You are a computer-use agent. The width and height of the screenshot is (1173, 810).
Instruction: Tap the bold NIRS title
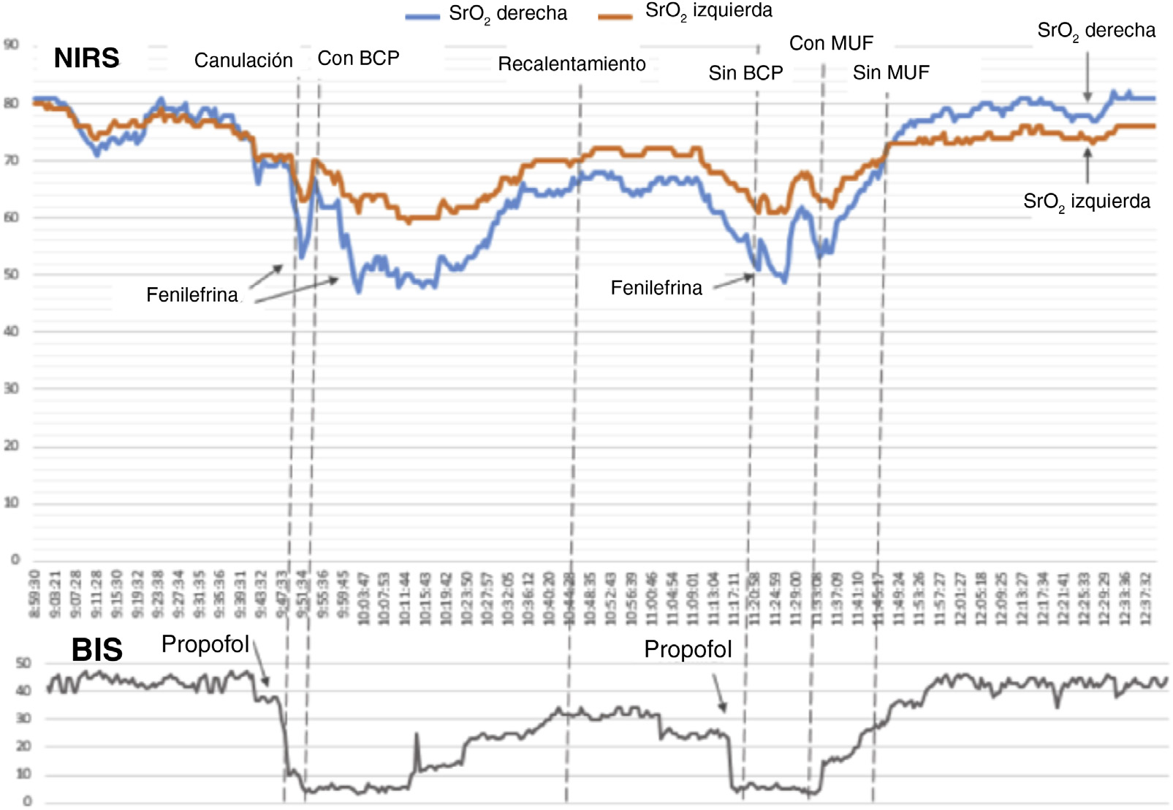[x=86, y=58]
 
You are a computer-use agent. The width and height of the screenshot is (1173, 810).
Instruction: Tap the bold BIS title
[x=96, y=649]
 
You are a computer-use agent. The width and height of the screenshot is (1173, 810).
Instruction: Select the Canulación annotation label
[x=243, y=61]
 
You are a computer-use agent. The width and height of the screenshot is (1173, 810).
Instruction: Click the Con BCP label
[x=358, y=58]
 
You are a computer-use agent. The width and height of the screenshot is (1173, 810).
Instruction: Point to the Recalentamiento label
[x=572, y=64]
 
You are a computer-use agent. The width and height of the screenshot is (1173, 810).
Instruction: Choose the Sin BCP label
[x=745, y=73]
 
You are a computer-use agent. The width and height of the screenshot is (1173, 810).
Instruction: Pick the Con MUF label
[x=831, y=44]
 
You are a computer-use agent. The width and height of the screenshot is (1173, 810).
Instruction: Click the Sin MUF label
[x=891, y=73]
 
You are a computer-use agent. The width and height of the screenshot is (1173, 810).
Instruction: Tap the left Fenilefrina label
[x=192, y=295]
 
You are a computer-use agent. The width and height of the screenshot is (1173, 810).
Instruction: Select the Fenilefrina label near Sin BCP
[x=656, y=289]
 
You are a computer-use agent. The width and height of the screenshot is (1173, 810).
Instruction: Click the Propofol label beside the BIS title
[x=205, y=644]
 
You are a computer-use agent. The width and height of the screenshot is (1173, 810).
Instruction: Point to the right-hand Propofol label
[x=688, y=649]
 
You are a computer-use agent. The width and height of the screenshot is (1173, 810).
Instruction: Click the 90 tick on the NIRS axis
[x=11, y=45]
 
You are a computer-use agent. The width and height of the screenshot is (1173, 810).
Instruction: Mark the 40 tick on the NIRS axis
[x=11, y=332]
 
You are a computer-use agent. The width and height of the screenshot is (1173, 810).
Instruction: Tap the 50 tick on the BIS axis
[x=23, y=663]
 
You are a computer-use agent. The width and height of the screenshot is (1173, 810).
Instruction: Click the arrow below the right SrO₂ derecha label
[x=1087, y=77]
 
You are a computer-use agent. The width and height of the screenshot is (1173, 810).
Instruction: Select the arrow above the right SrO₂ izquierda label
[x=1087, y=165]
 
